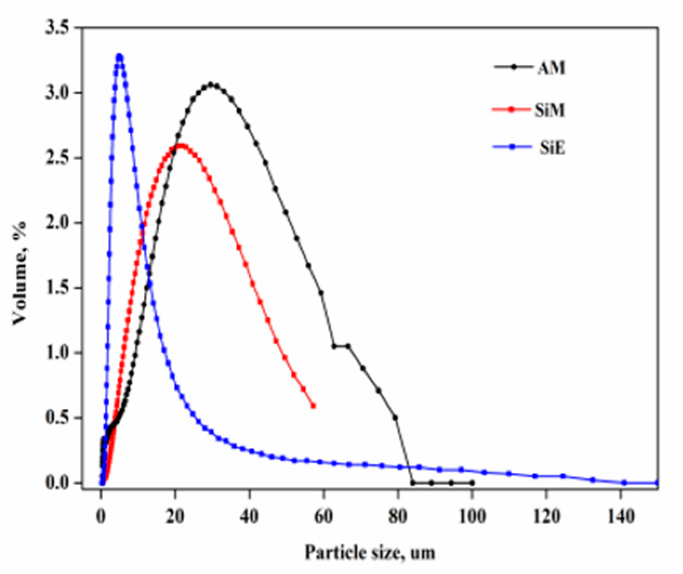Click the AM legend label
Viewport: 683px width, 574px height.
552,69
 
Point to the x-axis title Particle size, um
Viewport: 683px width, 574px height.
370,552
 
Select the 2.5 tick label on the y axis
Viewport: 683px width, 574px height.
58,158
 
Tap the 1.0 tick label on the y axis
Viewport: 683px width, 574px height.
58,353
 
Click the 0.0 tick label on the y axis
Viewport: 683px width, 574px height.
58,483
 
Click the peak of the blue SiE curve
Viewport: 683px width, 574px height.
120,56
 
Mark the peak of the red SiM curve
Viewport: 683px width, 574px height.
181,145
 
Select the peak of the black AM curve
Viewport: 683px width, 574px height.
211,84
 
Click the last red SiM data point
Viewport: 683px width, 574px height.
314,406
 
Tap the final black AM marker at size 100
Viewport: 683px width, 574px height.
472,483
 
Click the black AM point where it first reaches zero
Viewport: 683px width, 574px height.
413,483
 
